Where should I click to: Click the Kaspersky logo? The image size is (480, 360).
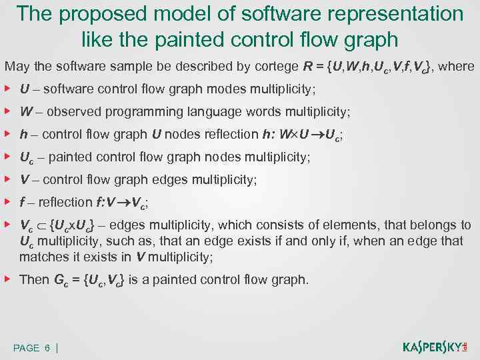[435, 347]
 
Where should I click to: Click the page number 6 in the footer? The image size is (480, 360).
[47, 348]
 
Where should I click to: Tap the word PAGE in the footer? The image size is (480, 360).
[27, 348]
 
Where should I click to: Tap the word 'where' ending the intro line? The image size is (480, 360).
[458, 67]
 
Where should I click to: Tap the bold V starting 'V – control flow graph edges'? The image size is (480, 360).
[24, 179]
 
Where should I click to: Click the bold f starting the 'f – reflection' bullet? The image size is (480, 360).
[23, 202]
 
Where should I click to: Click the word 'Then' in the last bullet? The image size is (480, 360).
[34, 279]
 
